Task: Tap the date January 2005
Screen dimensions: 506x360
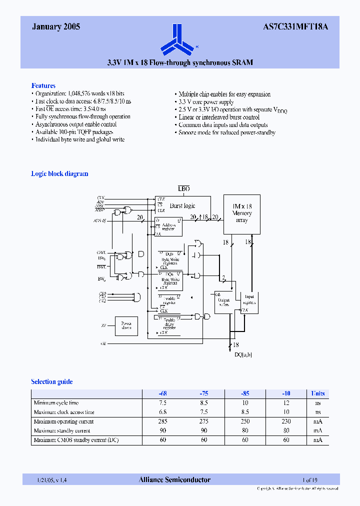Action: click(x=56, y=27)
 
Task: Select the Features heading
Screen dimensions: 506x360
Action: click(x=43, y=85)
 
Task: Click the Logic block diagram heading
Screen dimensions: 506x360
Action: click(x=59, y=174)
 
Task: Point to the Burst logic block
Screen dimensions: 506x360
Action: click(x=182, y=205)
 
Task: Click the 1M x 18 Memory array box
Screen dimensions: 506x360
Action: click(x=242, y=214)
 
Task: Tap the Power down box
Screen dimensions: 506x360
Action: click(x=126, y=326)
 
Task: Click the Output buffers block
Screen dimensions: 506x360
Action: click(x=224, y=301)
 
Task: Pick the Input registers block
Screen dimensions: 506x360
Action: click(x=249, y=300)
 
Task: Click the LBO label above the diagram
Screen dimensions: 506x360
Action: click(x=184, y=188)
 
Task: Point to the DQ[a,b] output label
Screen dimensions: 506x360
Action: click(x=243, y=354)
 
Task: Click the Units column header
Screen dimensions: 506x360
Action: click(x=318, y=393)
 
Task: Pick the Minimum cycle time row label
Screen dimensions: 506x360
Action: click(x=56, y=403)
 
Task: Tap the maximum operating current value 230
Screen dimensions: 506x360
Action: click(x=285, y=421)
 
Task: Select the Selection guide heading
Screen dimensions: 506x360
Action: click(x=52, y=382)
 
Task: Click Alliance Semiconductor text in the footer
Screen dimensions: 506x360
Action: click(x=174, y=480)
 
